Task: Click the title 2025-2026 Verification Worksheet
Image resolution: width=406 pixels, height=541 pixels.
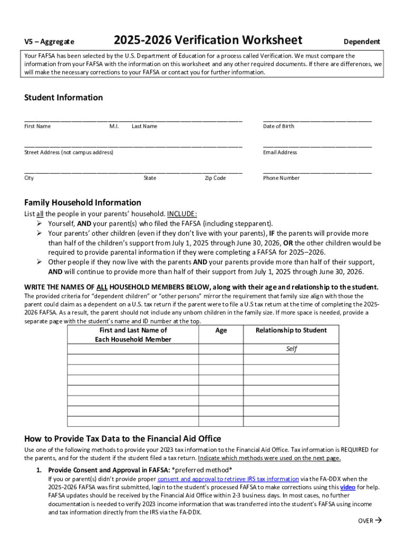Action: (x=208, y=40)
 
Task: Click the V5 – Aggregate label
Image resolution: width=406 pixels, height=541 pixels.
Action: (x=49, y=42)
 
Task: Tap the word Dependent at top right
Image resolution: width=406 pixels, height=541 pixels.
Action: (x=362, y=42)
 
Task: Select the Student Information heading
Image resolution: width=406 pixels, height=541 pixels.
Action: (x=63, y=98)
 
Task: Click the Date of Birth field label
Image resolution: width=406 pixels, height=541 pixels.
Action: (x=278, y=126)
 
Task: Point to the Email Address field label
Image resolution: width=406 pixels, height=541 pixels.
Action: (x=279, y=152)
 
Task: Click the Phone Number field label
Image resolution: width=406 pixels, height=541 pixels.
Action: (x=281, y=178)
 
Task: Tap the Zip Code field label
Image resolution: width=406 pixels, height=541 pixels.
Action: (x=215, y=178)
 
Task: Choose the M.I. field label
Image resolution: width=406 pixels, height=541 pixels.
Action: (x=114, y=126)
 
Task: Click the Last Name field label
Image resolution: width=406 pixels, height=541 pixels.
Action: (x=144, y=126)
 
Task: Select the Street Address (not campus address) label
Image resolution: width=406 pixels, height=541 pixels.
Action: (x=69, y=152)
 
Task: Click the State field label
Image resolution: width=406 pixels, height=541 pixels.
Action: (x=150, y=178)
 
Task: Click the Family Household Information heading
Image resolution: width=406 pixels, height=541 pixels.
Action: (x=83, y=203)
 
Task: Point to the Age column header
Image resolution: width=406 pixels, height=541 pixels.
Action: (x=221, y=331)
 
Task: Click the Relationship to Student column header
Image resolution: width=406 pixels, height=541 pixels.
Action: (x=291, y=331)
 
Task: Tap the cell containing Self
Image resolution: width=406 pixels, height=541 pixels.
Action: (x=291, y=349)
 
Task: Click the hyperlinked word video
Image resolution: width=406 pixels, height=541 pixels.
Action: (x=347, y=487)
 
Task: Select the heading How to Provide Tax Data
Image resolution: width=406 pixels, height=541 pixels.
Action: (x=122, y=439)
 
